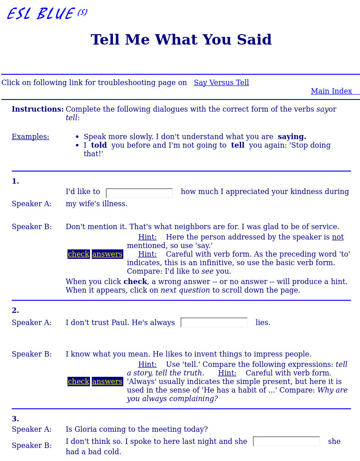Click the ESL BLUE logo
point(47,14)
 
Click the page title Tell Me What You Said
point(181,40)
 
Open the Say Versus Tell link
point(221,82)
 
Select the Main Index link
point(331,91)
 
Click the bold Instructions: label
point(38,109)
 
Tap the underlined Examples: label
point(30,136)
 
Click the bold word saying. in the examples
point(292,136)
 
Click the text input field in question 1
point(139,193)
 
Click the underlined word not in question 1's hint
point(337,237)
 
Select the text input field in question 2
point(214,322)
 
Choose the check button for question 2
point(78,381)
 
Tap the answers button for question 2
point(107,381)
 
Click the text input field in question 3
point(286,441)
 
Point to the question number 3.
point(15,419)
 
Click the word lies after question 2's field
point(262,322)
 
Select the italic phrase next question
point(185,290)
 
